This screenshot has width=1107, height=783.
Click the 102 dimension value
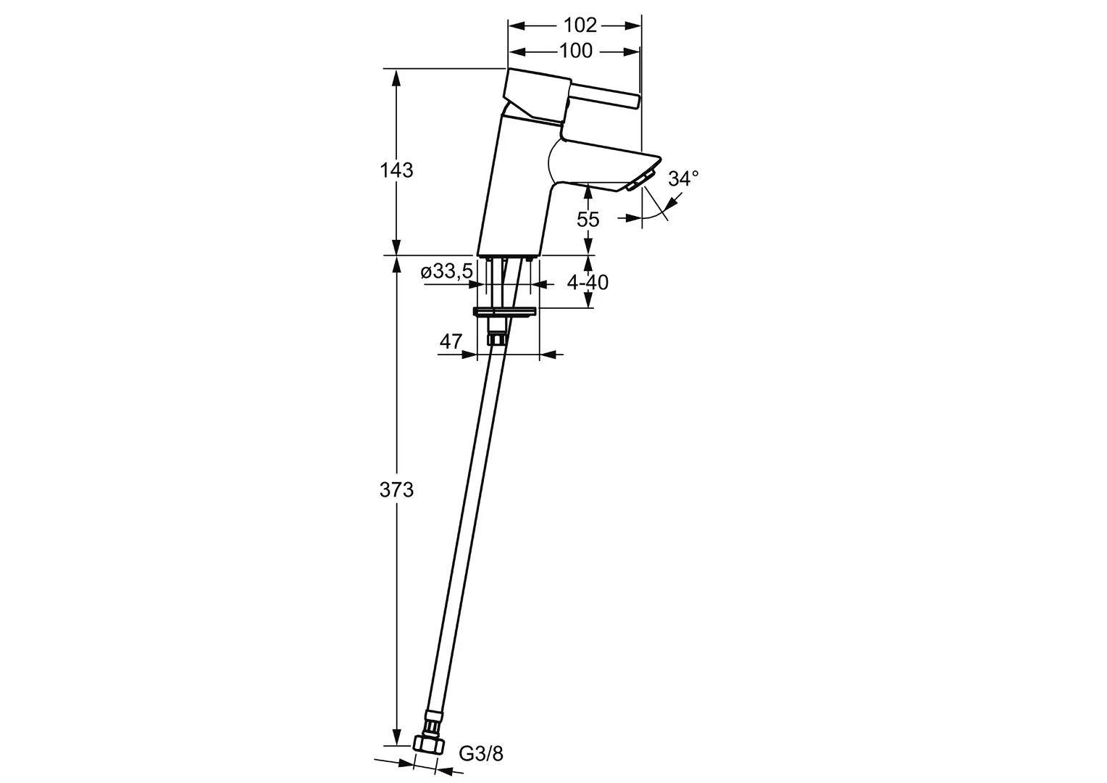[x=580, y=25]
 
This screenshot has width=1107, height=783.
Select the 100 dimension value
[x=576, y=51]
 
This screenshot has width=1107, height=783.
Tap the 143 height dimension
[x=396, y=170]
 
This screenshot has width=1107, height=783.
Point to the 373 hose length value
[x=396, y=489]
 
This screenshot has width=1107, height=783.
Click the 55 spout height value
[x=588, y=219]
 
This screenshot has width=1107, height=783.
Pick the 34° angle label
[x=683, y=178]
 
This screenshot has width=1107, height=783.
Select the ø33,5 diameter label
[x=447, y=271]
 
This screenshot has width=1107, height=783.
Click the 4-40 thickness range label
[x=588, y=283]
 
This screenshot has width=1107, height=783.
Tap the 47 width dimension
[x=451, y=341]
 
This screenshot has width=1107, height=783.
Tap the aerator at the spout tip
[x=639, y=180]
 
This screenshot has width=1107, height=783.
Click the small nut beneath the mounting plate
[x=496, y=339]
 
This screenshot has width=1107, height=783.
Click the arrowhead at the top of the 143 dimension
[x=396, y=77]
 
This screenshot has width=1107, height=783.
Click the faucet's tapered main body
[x=517, y=188]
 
